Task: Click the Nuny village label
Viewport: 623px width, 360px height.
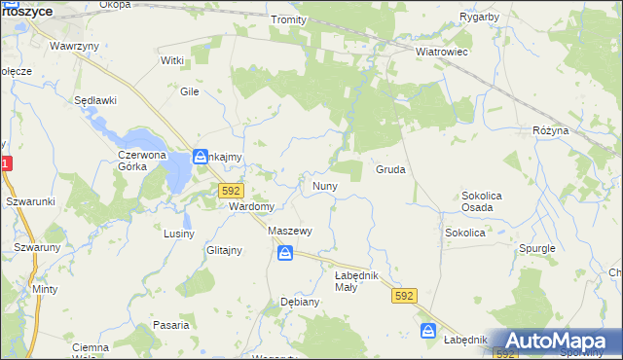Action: click(x=324, y=186)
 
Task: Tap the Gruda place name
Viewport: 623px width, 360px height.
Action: click(x=390, y=169)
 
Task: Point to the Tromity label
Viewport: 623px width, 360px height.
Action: click(x=289, y=19)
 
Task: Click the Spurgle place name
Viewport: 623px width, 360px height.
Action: click(x=536, y=248)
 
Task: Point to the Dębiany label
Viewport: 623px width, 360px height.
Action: click(x=300, y=302)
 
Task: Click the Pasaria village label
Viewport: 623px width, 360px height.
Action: click(x=170, y=325)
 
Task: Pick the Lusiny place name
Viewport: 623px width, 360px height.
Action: click(x=179, y=234)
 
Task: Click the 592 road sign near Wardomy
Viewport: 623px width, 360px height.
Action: click(x=231, y=191)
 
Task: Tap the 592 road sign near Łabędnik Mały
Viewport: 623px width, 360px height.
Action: click(x=405, y=294)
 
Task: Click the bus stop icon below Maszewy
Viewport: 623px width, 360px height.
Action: click(x=284, y=253)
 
